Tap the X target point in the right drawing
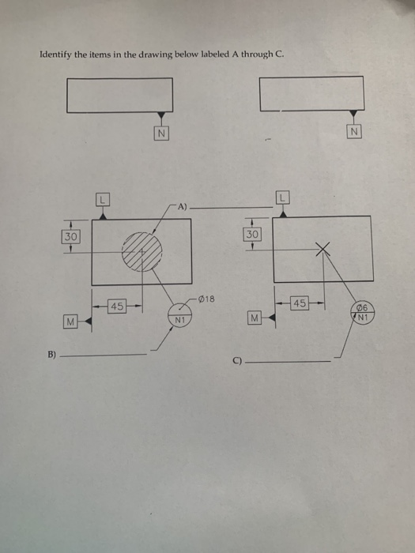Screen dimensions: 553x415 click(x=323, y=250)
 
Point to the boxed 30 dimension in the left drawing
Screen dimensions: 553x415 click(x=71, y=235)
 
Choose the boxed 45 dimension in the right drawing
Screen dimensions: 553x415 click(x=300, y=303)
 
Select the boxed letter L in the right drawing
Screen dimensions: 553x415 click(x=282, y=196)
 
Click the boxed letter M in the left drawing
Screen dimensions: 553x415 click(x=71, y=321)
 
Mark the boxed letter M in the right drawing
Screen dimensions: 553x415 click(x=254, y=318)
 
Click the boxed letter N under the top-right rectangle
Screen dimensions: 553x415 click(x=353, y=131)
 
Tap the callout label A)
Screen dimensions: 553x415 click(x=183, y=208)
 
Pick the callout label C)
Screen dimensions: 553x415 click(x=236, y=363)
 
